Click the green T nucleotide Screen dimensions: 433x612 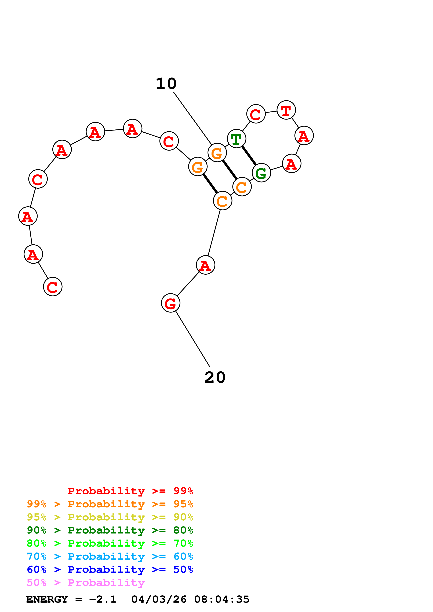[236, 139]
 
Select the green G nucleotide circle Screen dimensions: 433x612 [261, 173]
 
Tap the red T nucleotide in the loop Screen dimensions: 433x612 [286, 110]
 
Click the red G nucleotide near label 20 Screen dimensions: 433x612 [170, 303]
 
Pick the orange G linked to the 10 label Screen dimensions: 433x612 [217, 153]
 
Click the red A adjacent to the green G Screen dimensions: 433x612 [292, 164]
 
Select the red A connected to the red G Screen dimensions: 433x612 [205, 265]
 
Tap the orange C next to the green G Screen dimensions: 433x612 [242, 187]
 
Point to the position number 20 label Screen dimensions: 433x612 [215, 377]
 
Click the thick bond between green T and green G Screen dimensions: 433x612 [249, 156]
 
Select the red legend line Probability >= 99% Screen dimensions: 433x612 [130, 491]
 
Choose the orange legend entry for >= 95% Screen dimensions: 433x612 [110, 504]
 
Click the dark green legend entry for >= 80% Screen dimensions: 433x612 [110, 530]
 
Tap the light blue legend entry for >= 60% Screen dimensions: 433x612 [110, 556]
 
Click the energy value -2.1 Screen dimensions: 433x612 [103, 599]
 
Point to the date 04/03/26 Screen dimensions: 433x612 [159, 599]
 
